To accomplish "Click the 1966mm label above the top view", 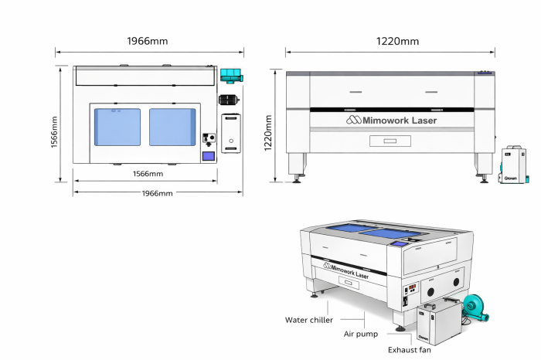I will point(148,40).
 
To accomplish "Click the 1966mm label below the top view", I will point(157,193).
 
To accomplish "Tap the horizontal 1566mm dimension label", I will point(147,175).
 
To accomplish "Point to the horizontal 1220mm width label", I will point(397,41).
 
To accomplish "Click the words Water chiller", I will point(308,319).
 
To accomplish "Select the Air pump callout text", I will point(361,335).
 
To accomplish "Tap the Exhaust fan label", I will point(410,350).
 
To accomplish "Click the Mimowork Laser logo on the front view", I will point(391,121).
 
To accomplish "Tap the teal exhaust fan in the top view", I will point(230,76).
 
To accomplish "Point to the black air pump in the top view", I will point(228,100).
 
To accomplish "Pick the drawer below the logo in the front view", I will point(393,140).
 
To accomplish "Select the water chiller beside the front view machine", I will point(512,163).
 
